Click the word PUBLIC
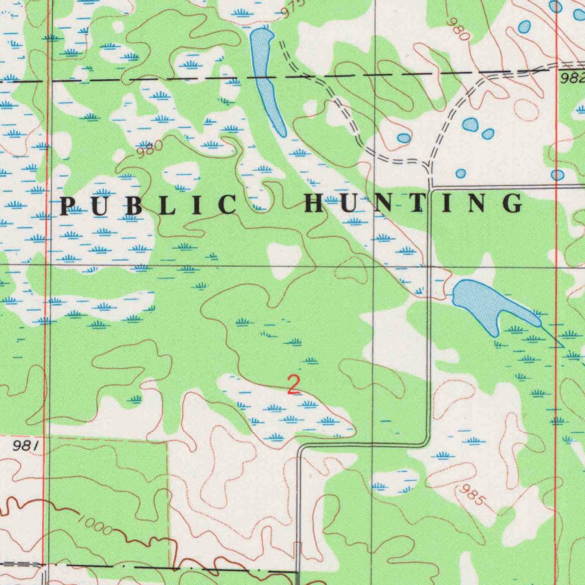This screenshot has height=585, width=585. [x=148, y=205]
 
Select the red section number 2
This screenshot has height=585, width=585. [x=294, y=385]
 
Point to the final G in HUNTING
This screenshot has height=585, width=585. [x=512, y=203]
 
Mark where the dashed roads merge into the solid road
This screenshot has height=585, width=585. [x=429, y=169]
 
